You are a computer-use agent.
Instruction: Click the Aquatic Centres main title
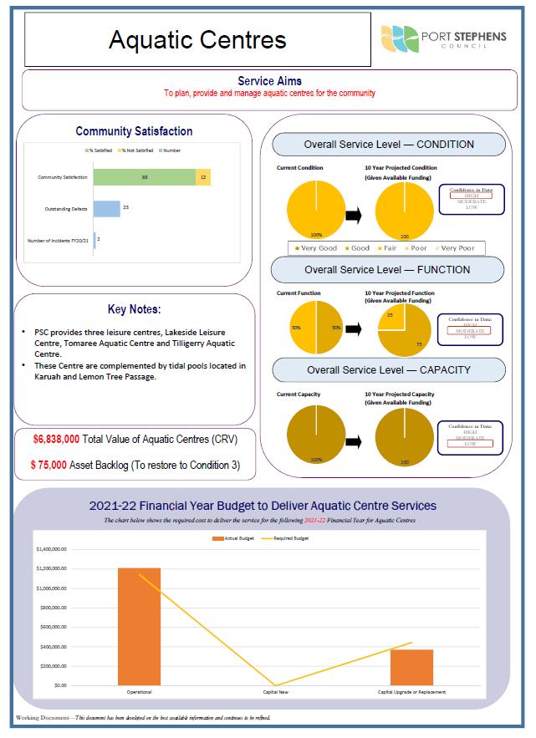click(197, 39)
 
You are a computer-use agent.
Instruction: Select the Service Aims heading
click(269, 81)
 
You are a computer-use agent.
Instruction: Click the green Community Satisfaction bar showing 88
click(145, 177)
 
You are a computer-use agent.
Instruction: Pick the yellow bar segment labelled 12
click(203, 177)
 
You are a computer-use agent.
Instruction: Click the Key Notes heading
click(135, 309)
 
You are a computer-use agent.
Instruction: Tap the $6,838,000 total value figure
click(57, 439)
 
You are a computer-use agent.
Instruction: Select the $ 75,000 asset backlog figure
click(56, 466)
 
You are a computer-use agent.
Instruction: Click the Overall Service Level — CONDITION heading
click(389, 145)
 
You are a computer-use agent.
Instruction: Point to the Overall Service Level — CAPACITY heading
click(389, 369)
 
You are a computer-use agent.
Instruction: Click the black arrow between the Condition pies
click(354, 216)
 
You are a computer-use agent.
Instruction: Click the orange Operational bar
click(139, 627)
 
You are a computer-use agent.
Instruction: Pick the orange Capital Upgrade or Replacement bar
click(411, 667)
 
